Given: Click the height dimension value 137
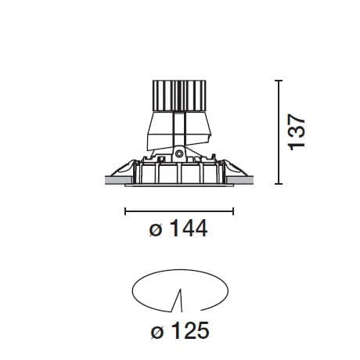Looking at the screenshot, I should coord(296,131).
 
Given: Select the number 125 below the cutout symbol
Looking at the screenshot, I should coord(190,332).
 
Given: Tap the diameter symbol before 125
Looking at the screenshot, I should coord(155,333).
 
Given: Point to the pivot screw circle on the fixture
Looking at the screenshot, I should coord(179,154).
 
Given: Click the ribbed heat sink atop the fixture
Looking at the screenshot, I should coord(179,97).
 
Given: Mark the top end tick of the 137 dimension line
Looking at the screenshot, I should coord(281,80).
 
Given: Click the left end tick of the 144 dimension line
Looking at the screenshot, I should coord(126,210).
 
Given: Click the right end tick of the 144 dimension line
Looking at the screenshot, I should coord(233,210).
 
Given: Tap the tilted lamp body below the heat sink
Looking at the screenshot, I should coord(178,129).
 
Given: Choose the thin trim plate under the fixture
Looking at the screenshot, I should coord(179,186).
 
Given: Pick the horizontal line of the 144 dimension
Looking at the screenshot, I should coord(179,210).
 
